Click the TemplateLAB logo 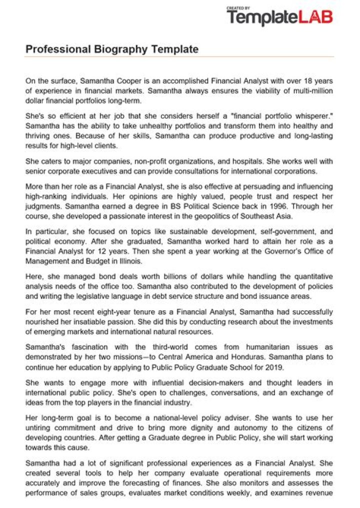279,17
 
